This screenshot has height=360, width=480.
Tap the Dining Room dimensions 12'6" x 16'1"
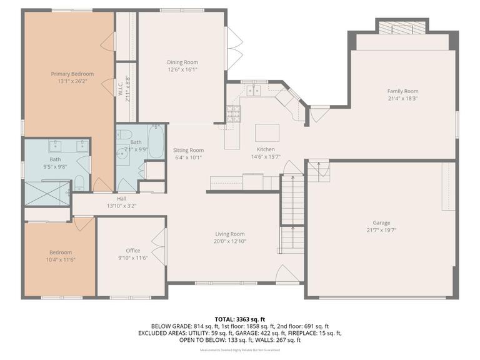(182, 70)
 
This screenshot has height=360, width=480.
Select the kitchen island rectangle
(266, 132)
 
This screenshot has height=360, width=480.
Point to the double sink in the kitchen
(254, 91)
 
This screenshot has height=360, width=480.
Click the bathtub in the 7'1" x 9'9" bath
(156, 141)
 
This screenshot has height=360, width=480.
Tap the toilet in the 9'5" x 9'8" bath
(79, 183)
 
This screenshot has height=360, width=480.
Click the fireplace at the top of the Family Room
(401, 27)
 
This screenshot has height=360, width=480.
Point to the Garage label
(381, 223)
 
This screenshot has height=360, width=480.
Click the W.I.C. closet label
(121, 88)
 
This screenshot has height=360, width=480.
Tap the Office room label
(132, 251)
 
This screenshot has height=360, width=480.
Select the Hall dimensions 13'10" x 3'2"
(121, 206)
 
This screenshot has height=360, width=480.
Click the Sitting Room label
(188, 150)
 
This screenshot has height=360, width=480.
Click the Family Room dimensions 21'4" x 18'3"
(402, 98)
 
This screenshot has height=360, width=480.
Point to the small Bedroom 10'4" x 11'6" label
(60, 252)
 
